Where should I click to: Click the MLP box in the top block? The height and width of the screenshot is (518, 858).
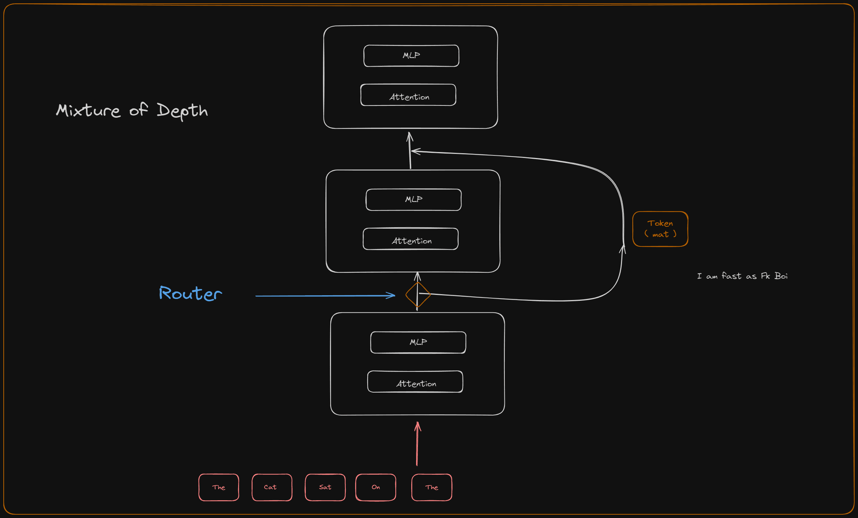411,56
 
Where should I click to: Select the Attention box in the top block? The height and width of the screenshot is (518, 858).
408,95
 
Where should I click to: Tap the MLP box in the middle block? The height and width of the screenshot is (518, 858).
413,200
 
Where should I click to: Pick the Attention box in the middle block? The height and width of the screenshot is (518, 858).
411,239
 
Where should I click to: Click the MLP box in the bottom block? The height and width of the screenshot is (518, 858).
418,343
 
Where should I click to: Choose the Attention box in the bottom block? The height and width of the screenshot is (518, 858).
415,382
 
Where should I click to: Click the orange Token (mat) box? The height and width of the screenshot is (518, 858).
660,229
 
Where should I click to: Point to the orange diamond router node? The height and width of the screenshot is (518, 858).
418,295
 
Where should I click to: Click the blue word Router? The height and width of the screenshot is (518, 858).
190,293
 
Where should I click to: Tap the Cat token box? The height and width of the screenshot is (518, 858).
272,487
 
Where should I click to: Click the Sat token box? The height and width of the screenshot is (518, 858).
325,487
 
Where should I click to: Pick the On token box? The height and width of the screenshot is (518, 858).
376,487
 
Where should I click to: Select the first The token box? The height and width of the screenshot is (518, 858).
219,487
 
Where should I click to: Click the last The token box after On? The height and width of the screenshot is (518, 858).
432,487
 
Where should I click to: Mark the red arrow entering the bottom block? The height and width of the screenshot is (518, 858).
417,444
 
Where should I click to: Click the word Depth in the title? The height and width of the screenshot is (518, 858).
182,111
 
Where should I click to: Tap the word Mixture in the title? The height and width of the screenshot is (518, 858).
88,111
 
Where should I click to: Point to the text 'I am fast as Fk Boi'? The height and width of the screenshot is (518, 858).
742,276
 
